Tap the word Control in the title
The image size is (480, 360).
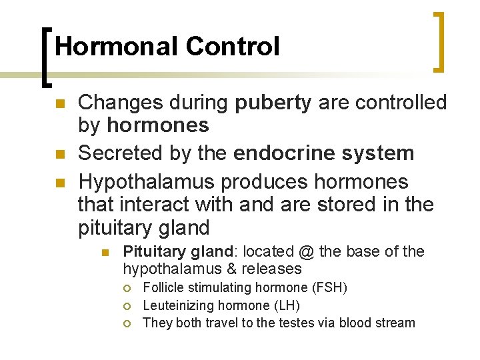233,47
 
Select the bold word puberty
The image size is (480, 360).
273,103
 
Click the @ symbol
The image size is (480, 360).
306,252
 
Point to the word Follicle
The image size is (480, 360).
163,288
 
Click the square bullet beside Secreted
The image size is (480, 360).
59,155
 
